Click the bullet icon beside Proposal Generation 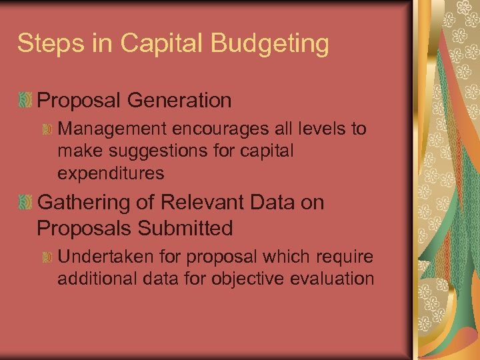[x=25, y=101]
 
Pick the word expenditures [x=111, y=173]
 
